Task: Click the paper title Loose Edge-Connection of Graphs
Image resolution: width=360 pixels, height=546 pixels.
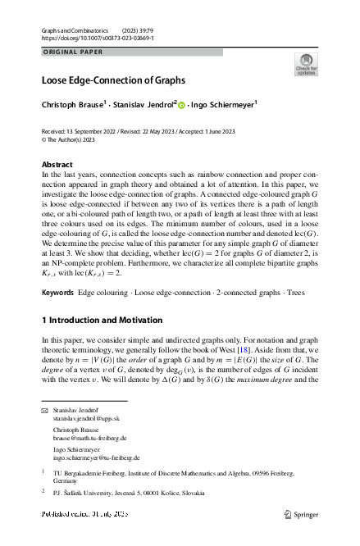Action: (113, 81)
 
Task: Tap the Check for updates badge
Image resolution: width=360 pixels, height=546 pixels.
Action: (306, 64)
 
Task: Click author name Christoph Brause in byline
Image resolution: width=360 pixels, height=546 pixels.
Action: (72, 105)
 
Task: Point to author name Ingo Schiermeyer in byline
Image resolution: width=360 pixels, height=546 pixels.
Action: (223, 105)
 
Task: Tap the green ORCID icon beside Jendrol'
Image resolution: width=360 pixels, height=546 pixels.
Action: (181, 105)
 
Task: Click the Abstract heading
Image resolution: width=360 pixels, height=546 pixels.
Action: (57, 165)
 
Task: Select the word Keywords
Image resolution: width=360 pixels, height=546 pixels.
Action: (57, 292)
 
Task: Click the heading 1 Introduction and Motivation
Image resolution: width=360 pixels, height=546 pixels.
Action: (103, 320)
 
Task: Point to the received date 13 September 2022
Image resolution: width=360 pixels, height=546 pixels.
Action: (97, 131)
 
